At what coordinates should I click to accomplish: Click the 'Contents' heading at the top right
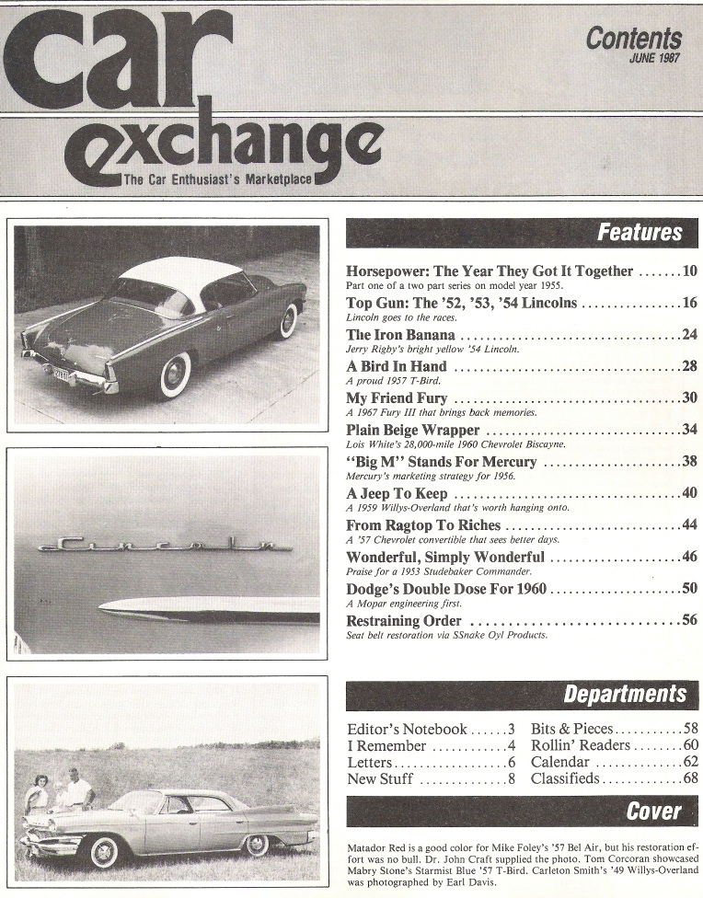point(634,39)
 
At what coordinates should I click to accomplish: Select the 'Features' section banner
point(640,233)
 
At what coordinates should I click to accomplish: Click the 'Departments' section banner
point(625,694)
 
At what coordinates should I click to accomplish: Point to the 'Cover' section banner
point(653,811)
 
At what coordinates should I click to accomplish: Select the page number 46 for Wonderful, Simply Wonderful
point(689,557)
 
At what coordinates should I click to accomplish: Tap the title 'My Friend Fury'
point(397,398)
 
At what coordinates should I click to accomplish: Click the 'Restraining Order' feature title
point(403,621)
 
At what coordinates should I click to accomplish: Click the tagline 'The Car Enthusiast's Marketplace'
point(217,178)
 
